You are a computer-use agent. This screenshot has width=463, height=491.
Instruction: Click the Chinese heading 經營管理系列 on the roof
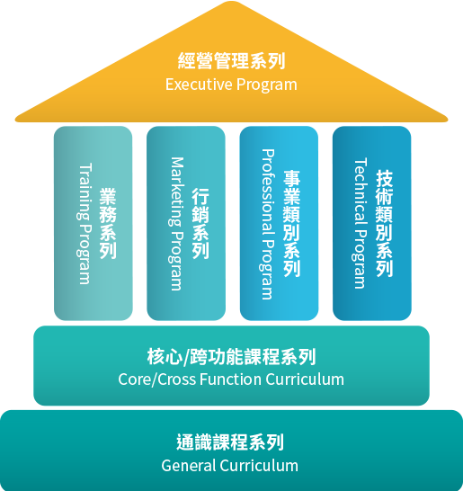pyautogui.click(x=231, y=61)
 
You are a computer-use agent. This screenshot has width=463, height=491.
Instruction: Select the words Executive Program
pyautogui.click(x=231, y=85)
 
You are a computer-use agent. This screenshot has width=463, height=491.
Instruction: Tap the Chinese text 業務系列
pyautogui.click(x=108, y=223)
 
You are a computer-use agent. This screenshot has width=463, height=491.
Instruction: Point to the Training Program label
pyautogui.click(x=85, y=224)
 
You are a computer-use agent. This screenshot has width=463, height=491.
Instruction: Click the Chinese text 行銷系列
pyautogui.click(x=200, y=223)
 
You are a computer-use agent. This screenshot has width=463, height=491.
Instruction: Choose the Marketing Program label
pyautogui.click(x=176, y=224)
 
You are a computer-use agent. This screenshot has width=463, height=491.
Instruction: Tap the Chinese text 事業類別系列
pyautogui.click(x=292, y=224)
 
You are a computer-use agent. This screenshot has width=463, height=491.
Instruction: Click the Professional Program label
pyautogui.click(x=268, y=224)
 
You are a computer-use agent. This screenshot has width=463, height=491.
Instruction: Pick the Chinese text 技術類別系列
pyautogui.click(x=384, y=224)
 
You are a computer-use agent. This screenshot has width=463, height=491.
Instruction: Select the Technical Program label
pyautogui.click(x=360, y=223)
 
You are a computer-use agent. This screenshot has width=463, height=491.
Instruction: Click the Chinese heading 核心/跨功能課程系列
pyautogui.click(x=231, y=357)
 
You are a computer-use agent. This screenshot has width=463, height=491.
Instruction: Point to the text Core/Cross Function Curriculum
pyautogui.click(x=231, y=379)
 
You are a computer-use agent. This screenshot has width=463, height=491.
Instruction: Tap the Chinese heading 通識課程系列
pyautogui.click(x=230, y=442)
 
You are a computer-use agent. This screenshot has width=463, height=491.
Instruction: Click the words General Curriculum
pyautogui.click(x=230, y=466)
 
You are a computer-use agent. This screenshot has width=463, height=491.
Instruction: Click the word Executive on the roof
pyautogui.click(x=199, y=85)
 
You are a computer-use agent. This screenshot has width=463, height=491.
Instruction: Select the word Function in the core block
pyautogui.click(x=231, y=379)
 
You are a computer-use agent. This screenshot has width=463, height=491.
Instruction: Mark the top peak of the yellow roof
pyautogui.click(x=231, y=1)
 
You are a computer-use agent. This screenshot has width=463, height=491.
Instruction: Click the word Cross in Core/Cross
pyautogui.click(x=176, y=379)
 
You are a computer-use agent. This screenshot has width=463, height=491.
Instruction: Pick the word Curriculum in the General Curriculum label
pyautogui.click(x=259, y=466)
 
